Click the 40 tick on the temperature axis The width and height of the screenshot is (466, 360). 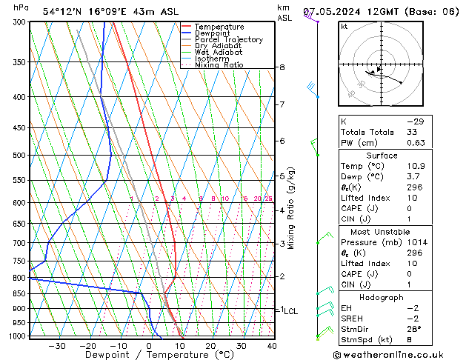[x=272, y=346]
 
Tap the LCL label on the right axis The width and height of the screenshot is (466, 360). [x=291, y=311]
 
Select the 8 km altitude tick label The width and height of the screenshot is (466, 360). [x=282, y=67]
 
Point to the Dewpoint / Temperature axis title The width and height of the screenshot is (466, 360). [x=150, y=355]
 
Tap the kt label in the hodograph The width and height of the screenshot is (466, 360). [x=344, y=27]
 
